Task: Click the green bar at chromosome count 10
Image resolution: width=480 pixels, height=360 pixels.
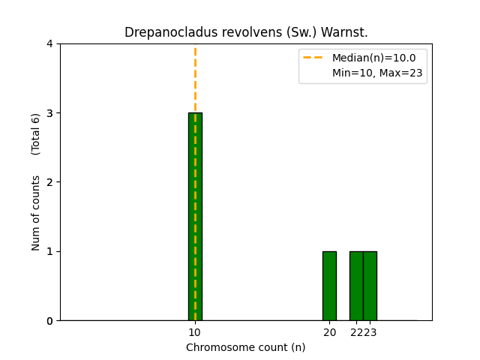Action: pyautogui.click(x=195, y=217)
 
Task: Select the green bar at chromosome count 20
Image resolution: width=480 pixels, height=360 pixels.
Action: pyautogui.click(x=329, y=286)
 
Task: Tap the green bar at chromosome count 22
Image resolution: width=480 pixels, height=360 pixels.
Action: pyautogui.click(x=356, y=286)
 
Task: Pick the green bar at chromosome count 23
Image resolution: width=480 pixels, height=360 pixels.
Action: pyautogui.click(x=370, y=286)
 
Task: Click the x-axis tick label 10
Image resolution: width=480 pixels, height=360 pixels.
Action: pyautogui.click(x=195, y=332)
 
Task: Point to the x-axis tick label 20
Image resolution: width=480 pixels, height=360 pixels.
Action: pyautogui.click(x=329, y=332)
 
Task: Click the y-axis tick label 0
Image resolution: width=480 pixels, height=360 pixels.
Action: pyautogui.click(x=49, y=321)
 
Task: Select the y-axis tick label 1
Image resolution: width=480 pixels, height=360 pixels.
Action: pyautogui.click(x=49, y=251)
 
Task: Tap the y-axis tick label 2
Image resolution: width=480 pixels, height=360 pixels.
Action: pyautogui.click(x=49, y=182)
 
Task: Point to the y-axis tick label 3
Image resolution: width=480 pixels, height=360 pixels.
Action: pyautogui.click(x=49, y=113)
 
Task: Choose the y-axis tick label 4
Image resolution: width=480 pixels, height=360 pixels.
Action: pyautogui.click(x=49, y=43)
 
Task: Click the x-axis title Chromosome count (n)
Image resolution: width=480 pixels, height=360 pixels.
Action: pyautogui.click(x=246, y=347)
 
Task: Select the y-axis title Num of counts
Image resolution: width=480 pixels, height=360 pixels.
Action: pyautogui.click(x=36, y=213)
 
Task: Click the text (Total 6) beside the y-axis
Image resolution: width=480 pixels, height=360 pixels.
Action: pyautogui.click(x=36, y=133)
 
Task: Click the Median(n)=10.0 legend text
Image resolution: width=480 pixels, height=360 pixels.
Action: pyautogui.click(x=373, y=58)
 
